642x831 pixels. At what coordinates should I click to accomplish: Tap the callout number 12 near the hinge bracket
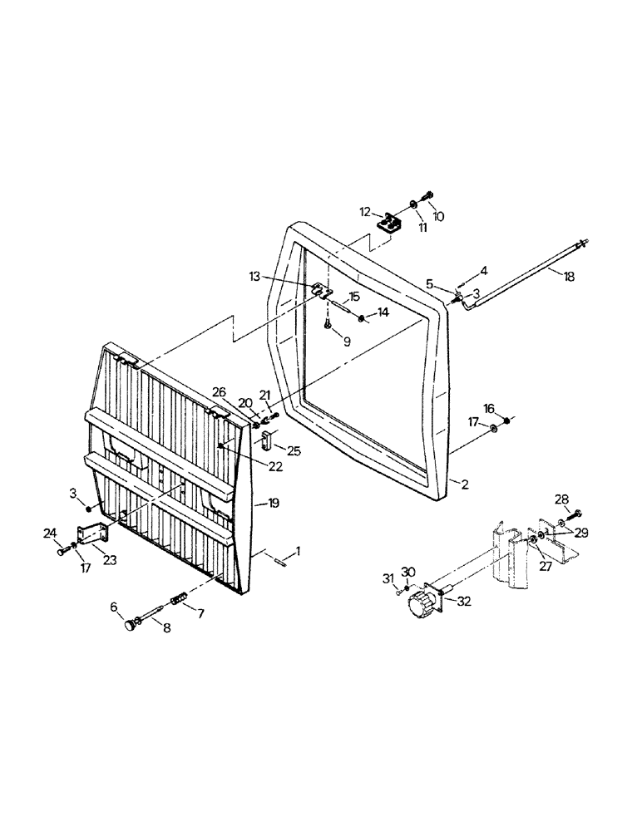point(365,213)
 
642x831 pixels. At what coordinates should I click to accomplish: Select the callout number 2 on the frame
point(464,484)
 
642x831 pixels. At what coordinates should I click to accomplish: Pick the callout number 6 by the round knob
point(115,607)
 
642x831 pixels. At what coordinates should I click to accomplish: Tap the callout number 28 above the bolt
point(562,499)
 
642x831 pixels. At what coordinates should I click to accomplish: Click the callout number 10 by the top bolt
point(438,217)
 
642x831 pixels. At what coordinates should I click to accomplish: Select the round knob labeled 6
point(131,624)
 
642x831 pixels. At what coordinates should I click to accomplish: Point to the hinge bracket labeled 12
point(389,224)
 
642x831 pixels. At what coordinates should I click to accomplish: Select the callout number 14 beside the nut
point(383,312)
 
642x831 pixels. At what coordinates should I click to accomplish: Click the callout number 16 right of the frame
point(489,408)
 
